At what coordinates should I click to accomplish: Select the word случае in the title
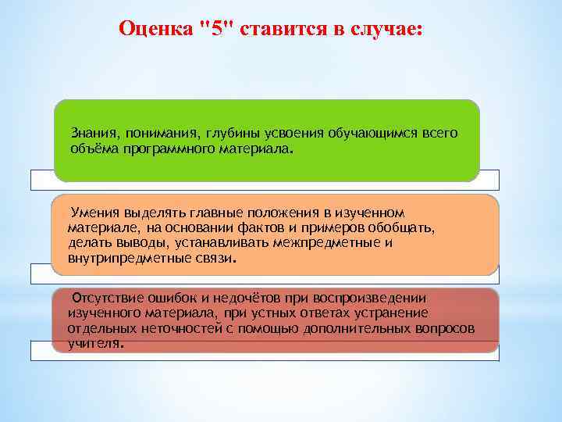point(386,29)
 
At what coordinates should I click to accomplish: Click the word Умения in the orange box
point(94,213)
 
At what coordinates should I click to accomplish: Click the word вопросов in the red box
point(446,328)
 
